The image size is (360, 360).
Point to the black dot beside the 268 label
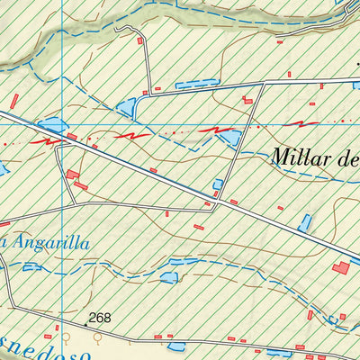[86, 321]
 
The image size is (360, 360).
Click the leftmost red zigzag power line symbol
[52, 139]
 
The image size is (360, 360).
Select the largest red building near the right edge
[340, 267]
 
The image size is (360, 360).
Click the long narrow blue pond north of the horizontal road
[197, 85]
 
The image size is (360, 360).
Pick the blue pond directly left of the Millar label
[232, 137]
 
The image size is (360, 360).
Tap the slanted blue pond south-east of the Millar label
[305, 222]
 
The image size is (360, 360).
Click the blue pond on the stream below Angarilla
[167, 276]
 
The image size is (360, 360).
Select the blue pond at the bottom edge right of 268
[175, 346]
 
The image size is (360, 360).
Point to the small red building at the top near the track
[139, 40]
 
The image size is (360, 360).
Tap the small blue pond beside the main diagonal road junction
[218, 185]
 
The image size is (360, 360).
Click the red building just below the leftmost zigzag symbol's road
[73, 175]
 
